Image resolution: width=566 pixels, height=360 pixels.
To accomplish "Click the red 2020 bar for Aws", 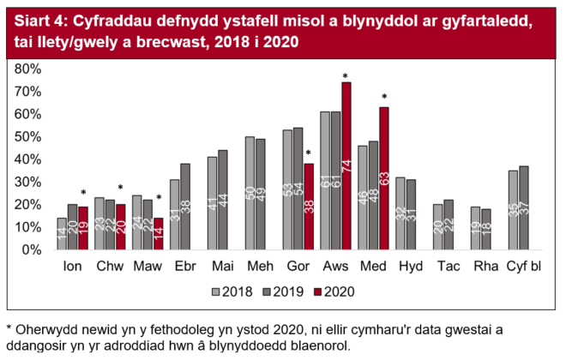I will pos(346,165).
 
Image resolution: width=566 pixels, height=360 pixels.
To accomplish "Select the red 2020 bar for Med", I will pos(384,178).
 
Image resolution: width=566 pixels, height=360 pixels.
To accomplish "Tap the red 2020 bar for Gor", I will pos(307,207).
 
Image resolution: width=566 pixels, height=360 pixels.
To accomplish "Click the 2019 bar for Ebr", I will pos(184,207).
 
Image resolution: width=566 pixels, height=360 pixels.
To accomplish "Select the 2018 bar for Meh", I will pos(250,193).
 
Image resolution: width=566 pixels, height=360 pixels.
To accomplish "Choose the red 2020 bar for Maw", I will pos(158,234).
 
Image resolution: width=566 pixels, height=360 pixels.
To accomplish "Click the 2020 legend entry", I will pos(330,291).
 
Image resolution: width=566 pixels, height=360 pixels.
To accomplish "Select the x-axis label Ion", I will pos(73,267).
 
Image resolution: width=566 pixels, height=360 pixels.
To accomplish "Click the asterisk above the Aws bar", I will pos(346,76).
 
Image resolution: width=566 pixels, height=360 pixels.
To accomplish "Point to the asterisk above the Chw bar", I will pos(121,188).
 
